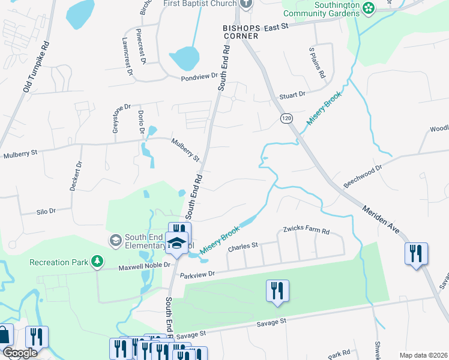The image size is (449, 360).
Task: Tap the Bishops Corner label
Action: pyautogui.click(x=240, y=32)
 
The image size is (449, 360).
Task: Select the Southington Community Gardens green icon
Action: pyautogui.click(x=369, y=7)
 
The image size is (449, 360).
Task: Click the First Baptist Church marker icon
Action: pyautogui.click(x=245, y=4)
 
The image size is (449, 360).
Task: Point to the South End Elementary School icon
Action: pyautogui.click(x=115, y=240)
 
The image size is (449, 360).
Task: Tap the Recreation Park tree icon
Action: pyautogui.click(x=96, y=262)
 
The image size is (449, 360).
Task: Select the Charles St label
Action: pyautogui.click(x=243, y=245)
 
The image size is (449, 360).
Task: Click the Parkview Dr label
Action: pyautogui.click(x=197, y=274)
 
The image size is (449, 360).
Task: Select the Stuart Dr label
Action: pyautogui.click(x=292, y=95)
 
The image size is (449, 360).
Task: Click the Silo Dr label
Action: pyautogui.click(x=46, y=211)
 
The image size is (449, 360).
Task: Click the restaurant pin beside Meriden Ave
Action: pyautogui.click(x=415, y=253)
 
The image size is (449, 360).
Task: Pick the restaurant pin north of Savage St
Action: pyautogui.click(x=277, y=290)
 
